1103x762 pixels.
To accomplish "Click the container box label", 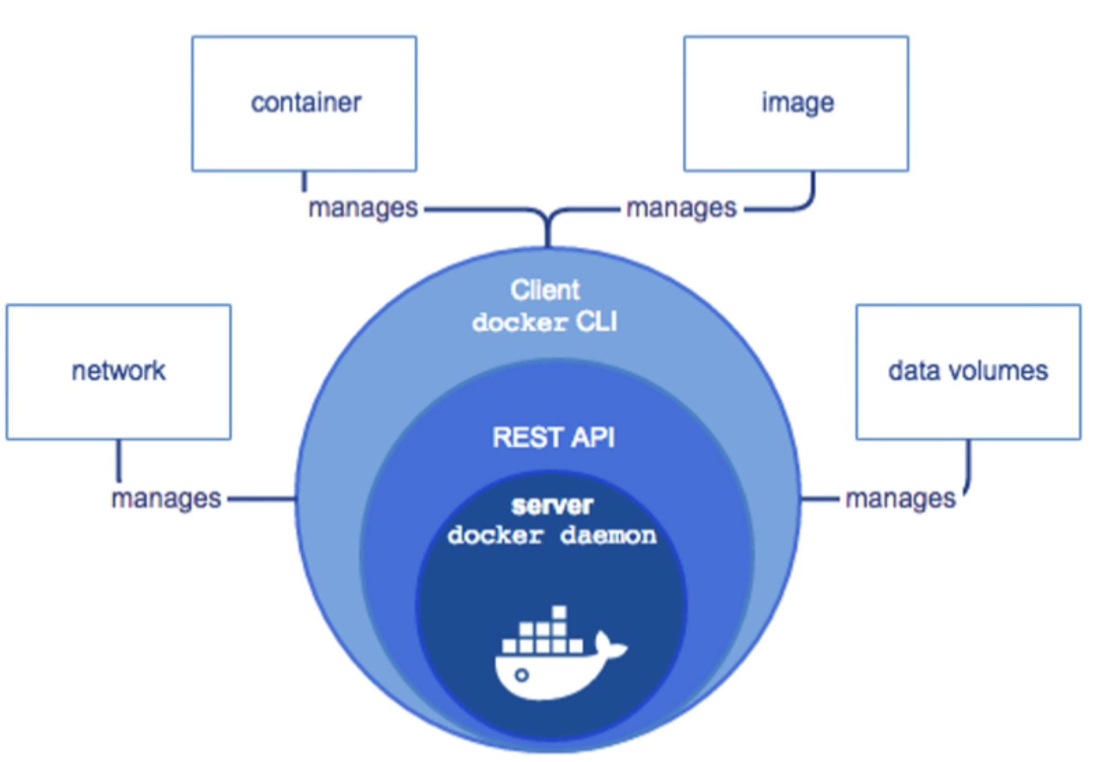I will tap(306, 103).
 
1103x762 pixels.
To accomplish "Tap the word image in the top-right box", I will tap(797, 103).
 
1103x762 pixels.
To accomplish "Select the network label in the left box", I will tap(119, 371).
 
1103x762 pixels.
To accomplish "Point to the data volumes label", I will tap(968, 371).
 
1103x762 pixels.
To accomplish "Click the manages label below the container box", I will tap(362, 208).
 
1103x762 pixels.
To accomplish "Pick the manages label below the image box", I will tap(681, 208).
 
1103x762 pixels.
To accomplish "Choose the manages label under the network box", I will tap(166, 499).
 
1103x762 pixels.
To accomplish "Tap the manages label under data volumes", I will tap(900, 499).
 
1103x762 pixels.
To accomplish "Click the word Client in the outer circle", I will tap(545, 290).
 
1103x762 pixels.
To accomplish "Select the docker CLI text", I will tap(545, 322).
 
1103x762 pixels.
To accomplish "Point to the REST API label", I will tap(553, 438).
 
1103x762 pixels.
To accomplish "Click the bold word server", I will tap(552, 506).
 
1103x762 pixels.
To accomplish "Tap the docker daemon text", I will tap(552, 535).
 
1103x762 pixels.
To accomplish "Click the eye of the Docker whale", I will tap(521, 674).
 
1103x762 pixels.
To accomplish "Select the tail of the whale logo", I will tap(609, 645).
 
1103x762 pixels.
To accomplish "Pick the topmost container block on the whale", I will tap(559, 612).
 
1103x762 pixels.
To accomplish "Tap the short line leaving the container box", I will tap(304, 181).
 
